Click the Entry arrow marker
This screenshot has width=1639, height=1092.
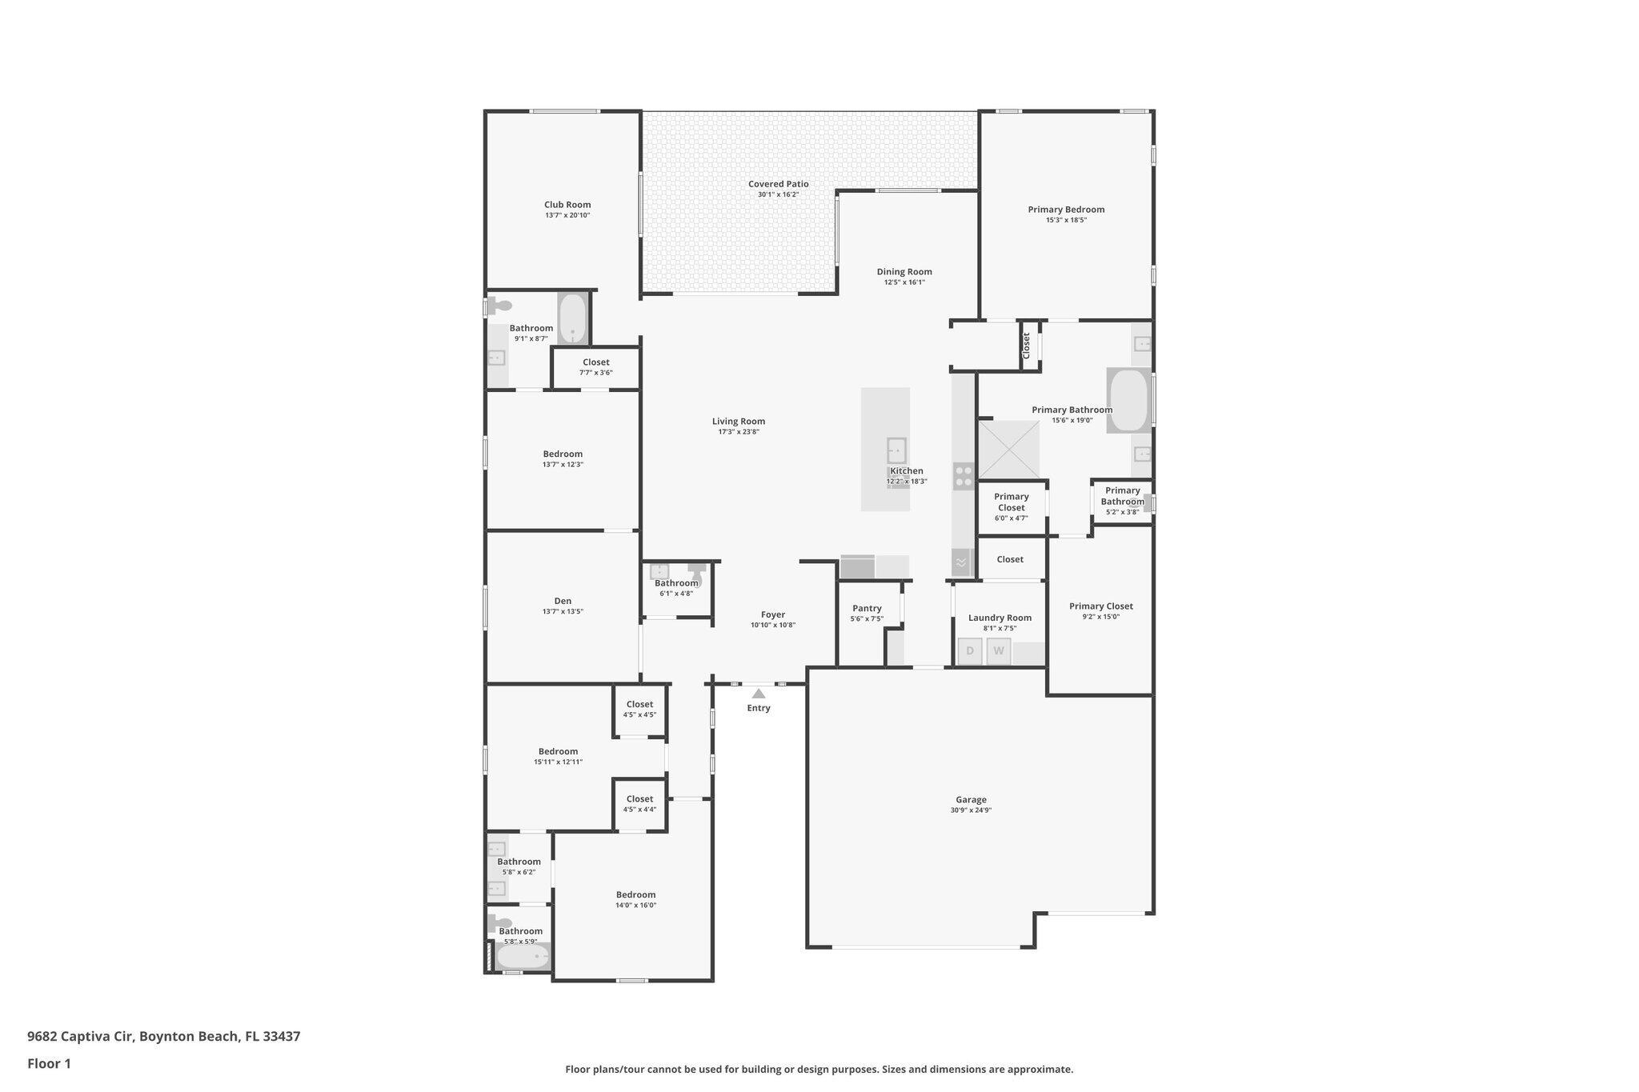(758, 694)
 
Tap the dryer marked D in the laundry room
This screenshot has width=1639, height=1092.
(970, 651)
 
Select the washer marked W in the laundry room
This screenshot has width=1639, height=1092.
(999, 651)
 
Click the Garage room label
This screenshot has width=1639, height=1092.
(971, 800)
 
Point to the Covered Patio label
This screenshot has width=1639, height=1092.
(778, 184)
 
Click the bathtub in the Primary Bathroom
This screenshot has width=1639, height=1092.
(1128, 400)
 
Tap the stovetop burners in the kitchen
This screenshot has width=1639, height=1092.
(964, 477)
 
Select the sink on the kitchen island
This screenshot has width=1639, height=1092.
(896, 450)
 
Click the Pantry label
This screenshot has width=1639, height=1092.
(867, 609)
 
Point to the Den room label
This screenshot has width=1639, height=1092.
(563, 602)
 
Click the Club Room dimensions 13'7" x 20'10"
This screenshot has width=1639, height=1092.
(567, 215)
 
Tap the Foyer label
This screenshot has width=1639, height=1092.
(773, 615)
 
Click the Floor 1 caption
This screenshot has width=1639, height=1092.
(49, 1063)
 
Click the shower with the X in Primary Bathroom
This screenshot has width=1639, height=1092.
(1008, 450)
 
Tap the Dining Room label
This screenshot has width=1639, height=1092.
(904, 272)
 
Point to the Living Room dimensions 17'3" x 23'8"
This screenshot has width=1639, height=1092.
(738, 432)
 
